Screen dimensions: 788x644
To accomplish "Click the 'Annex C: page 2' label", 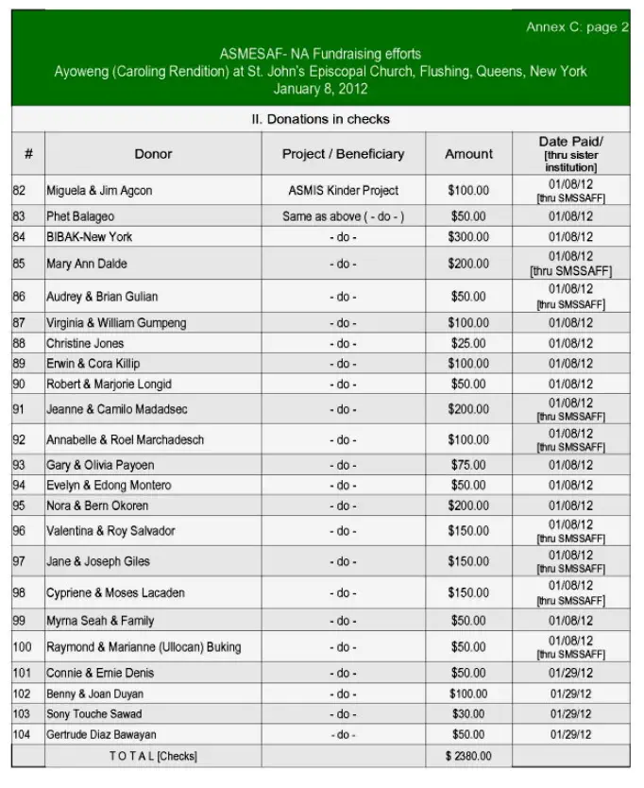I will coord(577,27).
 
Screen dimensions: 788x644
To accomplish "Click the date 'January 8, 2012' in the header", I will coord(320,90).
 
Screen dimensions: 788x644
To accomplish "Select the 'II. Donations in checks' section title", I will coord(320,119).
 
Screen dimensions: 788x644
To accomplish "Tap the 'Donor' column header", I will coord(153,153).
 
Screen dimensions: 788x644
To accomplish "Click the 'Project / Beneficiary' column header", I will coord(343,153).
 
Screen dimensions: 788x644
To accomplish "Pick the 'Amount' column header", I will coord(468,153).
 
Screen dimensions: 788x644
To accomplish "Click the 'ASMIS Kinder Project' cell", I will coord(343,190).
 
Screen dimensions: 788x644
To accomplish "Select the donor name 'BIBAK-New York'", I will coord(90,236).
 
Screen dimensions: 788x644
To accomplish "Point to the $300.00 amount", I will coord(468,236).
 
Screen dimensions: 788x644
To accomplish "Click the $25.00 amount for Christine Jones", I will coord(468,343).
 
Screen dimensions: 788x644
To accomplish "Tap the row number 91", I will coord(19,409).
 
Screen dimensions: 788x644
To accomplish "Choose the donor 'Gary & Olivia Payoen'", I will coord(100,465).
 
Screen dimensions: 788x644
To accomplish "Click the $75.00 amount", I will coord(468,465).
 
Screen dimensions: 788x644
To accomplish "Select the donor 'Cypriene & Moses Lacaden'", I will coord(115,592).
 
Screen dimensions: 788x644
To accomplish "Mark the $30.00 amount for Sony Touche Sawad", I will coord(468,713).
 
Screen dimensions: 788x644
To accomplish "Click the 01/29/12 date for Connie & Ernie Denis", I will coord(570,673).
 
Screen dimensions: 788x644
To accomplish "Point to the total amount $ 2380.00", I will coord(468,756).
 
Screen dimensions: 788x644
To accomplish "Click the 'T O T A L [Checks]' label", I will coord(153,756).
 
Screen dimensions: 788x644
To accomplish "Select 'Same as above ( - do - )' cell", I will coord(343,216).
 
